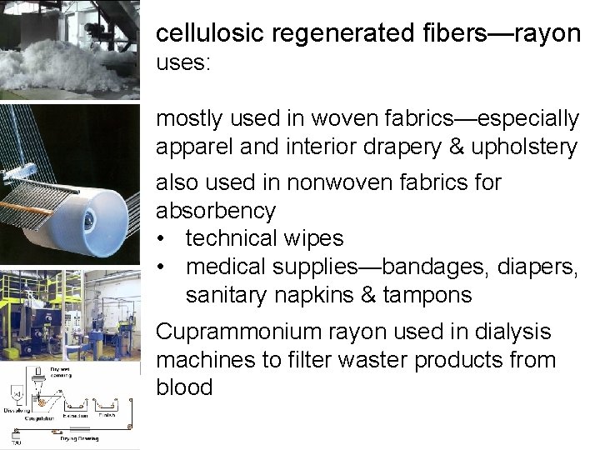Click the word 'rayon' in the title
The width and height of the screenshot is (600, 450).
(x=546, y=33)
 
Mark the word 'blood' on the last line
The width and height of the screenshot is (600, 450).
(x=184, y=388)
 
